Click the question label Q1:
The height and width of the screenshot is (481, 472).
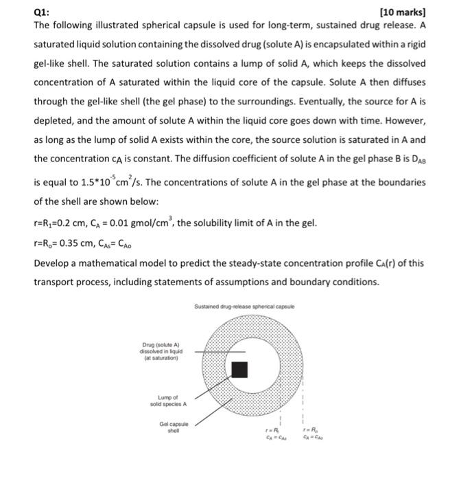tap(42, 12)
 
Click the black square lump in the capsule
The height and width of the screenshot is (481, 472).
tap(239, 369)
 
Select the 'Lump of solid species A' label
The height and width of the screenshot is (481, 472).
tap(167, 401)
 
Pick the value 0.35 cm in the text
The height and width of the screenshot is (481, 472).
tap(80, 243)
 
